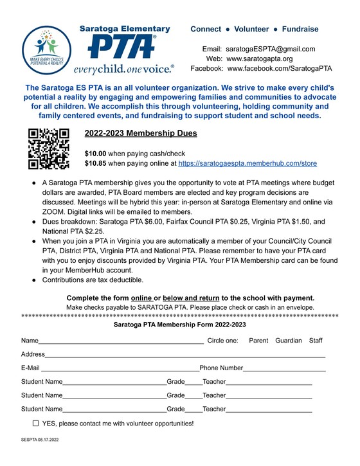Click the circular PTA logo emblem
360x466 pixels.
[45, 49]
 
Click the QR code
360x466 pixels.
[48, 148]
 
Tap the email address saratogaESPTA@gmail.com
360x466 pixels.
[270, 49]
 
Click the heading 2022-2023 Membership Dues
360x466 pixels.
[140, 134]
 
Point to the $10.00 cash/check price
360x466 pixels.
[96, 154]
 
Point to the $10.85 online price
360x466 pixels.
[96, 164]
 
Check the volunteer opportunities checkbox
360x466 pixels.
[35, 424]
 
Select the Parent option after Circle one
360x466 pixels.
[258, 340]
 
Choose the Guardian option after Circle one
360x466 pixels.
[288, 340]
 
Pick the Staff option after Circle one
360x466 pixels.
[316, 340]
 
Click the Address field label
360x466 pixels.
[33, 354]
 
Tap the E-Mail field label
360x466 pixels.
[30, 368]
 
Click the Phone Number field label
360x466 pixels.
[221, 368]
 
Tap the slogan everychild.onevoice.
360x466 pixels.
[123, 68]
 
